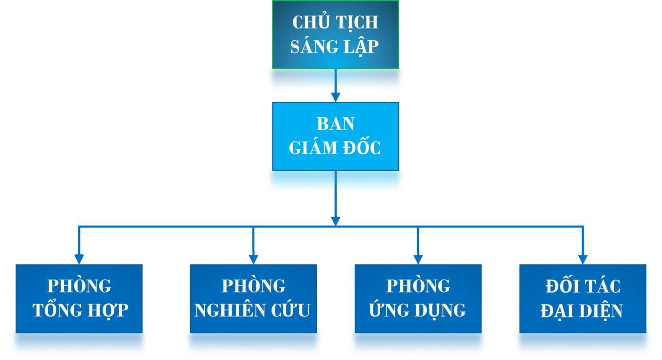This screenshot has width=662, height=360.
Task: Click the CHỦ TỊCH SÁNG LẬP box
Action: (335, 35)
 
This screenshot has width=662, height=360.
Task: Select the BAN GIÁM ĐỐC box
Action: (335, 136)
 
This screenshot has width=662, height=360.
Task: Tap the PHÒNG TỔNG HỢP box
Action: (79, 299)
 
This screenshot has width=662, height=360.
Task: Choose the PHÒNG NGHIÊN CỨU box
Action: (253, 299)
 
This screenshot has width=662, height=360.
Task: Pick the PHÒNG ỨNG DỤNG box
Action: (418, 299)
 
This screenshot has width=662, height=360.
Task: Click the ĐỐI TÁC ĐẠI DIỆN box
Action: (583, 299)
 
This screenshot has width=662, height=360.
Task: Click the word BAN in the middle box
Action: (335, 124)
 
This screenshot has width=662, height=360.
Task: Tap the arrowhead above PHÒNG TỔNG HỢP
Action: (79, 259)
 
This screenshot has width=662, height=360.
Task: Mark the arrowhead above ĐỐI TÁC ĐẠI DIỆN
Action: (583, 259)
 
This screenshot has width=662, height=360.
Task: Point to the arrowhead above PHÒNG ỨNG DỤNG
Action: (418, 259)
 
